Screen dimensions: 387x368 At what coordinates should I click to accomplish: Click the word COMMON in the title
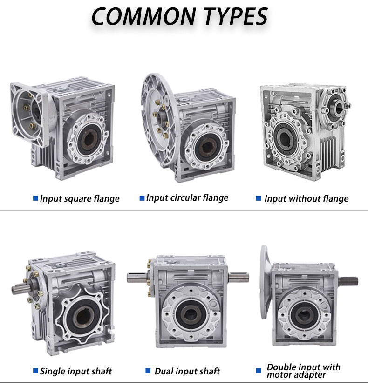[143, 16]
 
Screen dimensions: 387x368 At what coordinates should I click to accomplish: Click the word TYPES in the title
[233, 16]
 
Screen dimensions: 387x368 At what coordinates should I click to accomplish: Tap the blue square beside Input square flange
[35, 198]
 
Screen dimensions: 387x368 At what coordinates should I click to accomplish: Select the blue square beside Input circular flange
[142, 198]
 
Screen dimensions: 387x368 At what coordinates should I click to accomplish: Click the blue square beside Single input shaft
[35, 371]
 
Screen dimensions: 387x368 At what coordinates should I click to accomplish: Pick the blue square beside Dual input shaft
[148, 371]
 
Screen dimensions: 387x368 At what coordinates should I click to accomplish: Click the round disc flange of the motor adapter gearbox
[264, 282]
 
